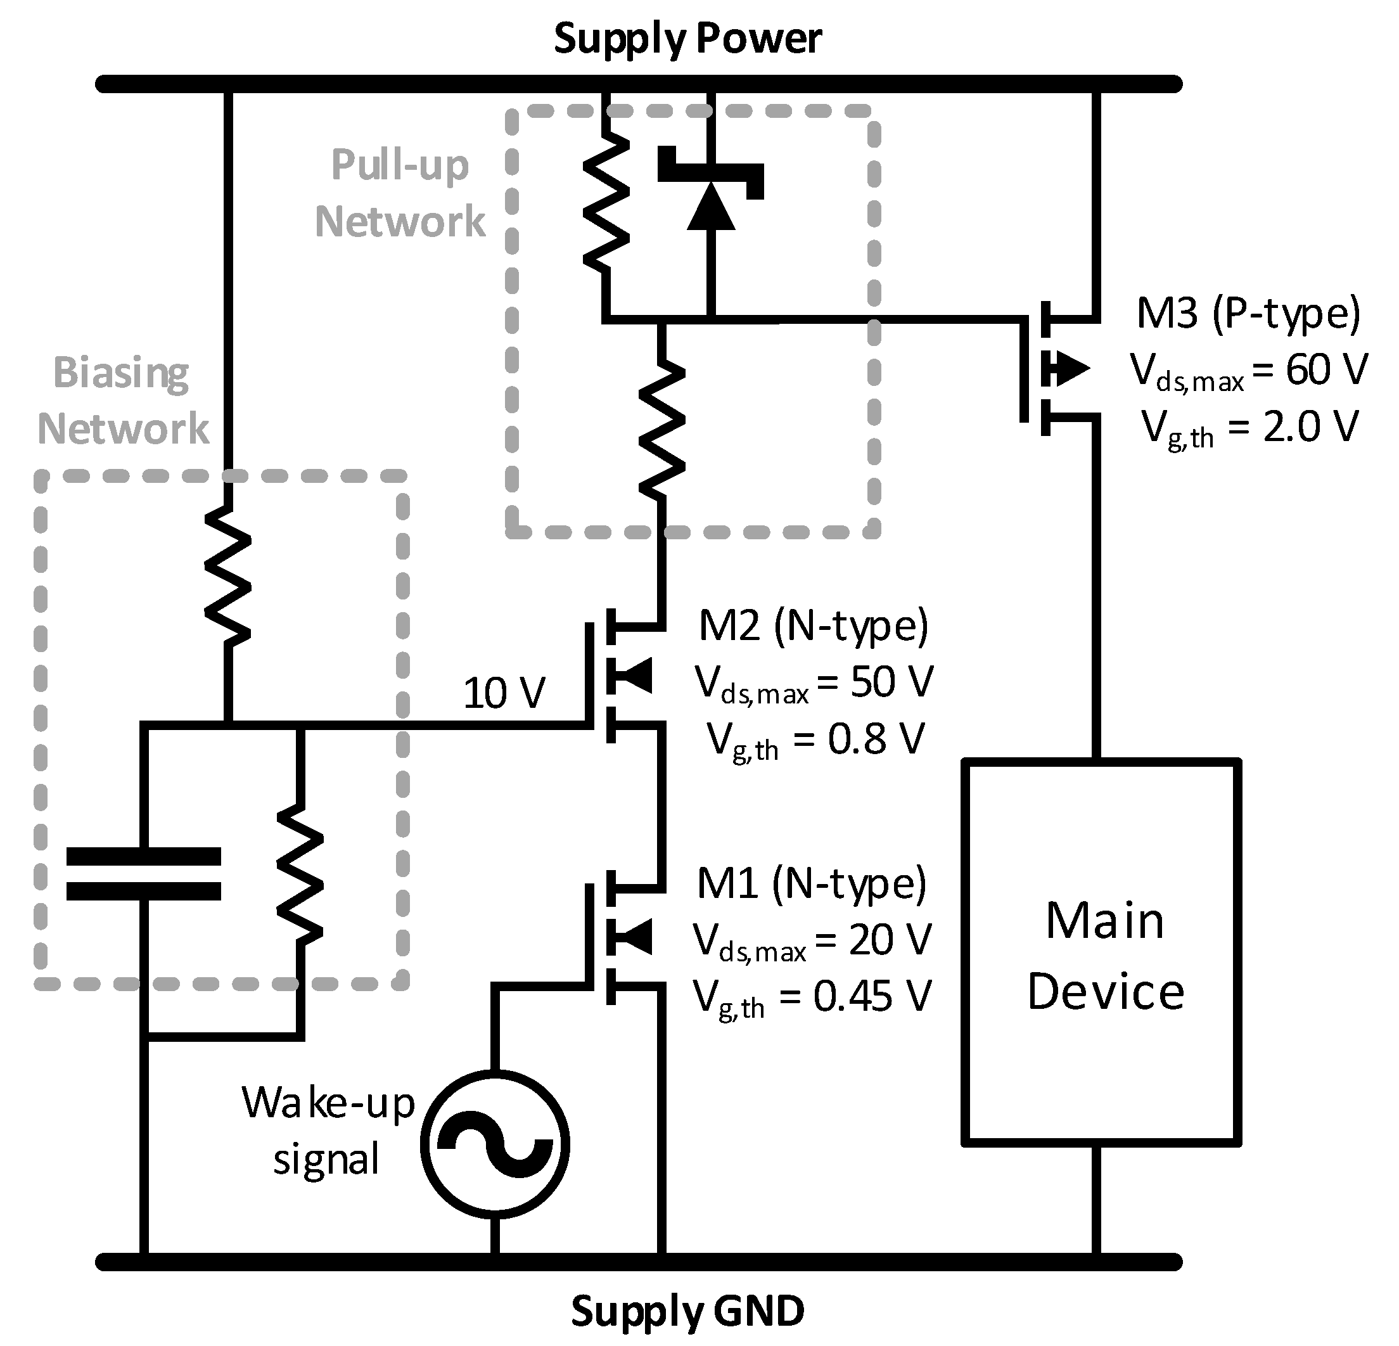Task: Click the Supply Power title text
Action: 687,39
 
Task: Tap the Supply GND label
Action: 687,1311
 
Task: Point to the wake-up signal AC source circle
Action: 495,1144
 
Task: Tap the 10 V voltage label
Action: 504,693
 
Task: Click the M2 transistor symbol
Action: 621,676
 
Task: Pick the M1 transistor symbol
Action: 621,936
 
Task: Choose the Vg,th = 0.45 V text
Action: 812,997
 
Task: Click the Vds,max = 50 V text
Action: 814,683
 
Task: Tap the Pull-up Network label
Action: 400,193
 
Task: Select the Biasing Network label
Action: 123,400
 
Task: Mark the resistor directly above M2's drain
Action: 662,428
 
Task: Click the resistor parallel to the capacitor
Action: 300,875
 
